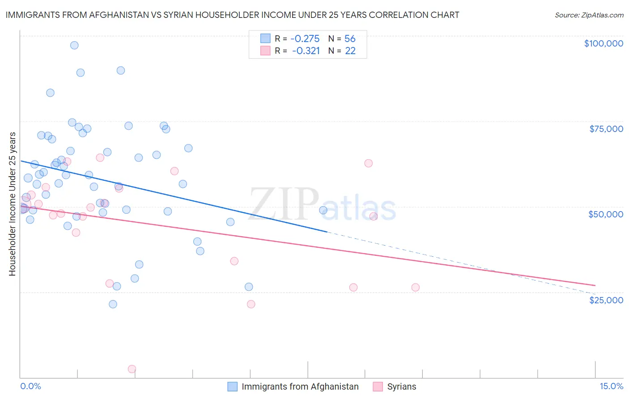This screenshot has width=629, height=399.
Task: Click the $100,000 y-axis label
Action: pos(603,43)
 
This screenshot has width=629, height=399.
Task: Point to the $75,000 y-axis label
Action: pos(606,129)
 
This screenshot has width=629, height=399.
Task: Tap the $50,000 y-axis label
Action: pos(606,214)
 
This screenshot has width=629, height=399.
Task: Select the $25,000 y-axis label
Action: pos(606,300)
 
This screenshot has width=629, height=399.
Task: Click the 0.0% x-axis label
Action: pos(30,386)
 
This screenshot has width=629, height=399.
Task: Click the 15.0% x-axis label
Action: pos(611,386)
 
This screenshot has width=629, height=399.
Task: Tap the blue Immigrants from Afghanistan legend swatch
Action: pos(232,386)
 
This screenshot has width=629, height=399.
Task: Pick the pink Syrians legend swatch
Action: pos(378,386)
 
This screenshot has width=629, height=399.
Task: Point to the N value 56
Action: pos(350,38)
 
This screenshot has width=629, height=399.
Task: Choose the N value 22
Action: pos(350,51)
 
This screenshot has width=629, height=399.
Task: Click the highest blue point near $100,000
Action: pos(74,45)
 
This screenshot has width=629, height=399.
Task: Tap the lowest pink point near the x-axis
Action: pos(132,369)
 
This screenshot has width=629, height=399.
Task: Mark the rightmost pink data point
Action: pos(415,288)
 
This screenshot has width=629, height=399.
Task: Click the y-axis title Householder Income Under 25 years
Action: pos(12,204)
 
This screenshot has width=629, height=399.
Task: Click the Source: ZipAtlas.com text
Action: pos(589,15)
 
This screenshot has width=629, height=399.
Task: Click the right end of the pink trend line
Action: pos(595,285)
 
